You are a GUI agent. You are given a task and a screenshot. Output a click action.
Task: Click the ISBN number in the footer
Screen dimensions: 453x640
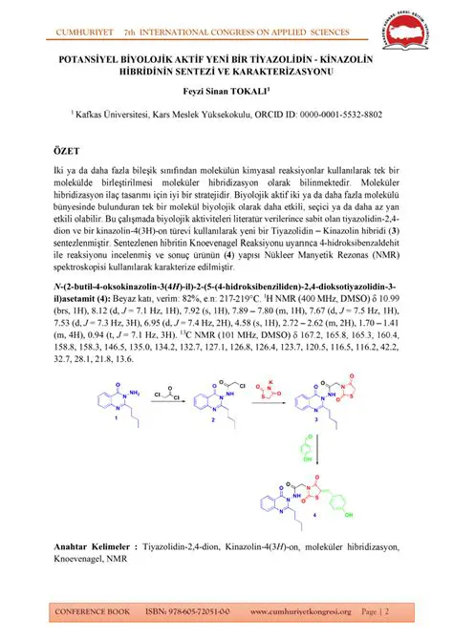pos(197,610)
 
